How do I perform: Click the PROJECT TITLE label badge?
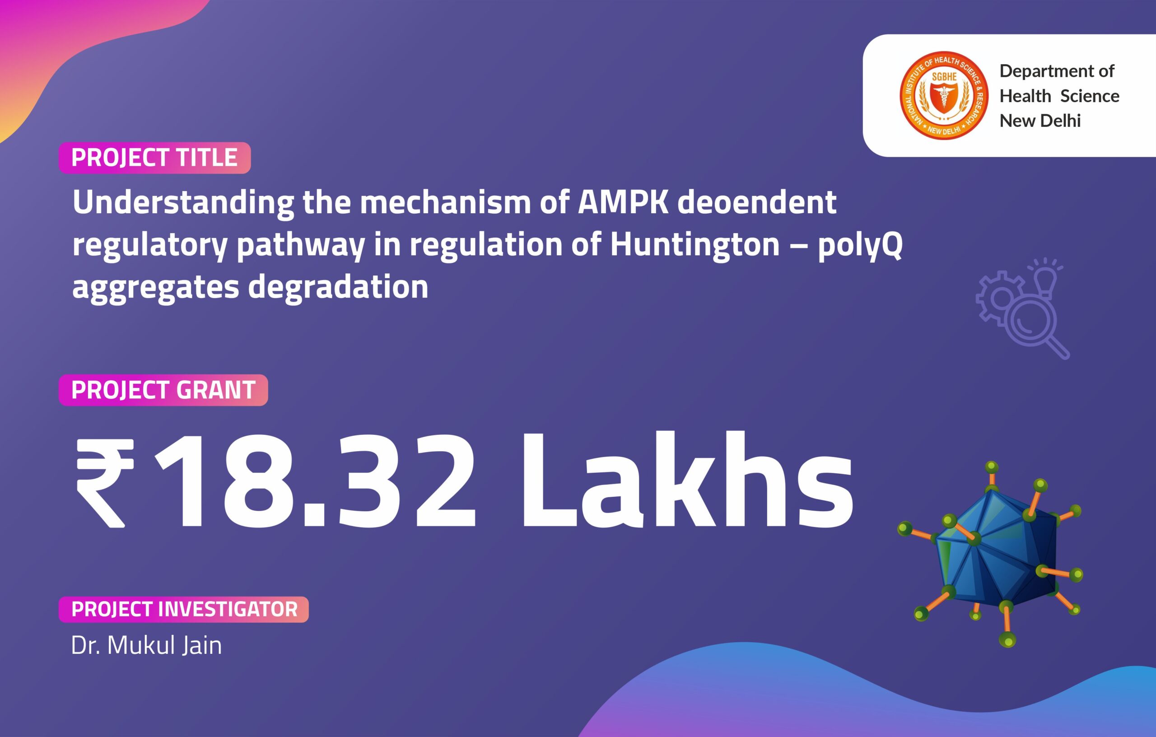tap(154, 158)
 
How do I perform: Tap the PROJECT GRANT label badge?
tap(163, 390)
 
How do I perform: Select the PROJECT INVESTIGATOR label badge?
tap(184, 609)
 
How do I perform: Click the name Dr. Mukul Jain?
tap(146, 645)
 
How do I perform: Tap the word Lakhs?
tap(686, 480)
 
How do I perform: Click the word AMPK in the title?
tap(623, 202)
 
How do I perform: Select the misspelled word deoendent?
tap(757, 202)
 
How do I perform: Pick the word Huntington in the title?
tap(695, 244)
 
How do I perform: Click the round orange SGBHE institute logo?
tap(944, 96)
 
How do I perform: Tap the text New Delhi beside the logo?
tap(1040, 121)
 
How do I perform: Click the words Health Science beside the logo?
tap(1059, 96)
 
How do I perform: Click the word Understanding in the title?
tap(183, 203)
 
